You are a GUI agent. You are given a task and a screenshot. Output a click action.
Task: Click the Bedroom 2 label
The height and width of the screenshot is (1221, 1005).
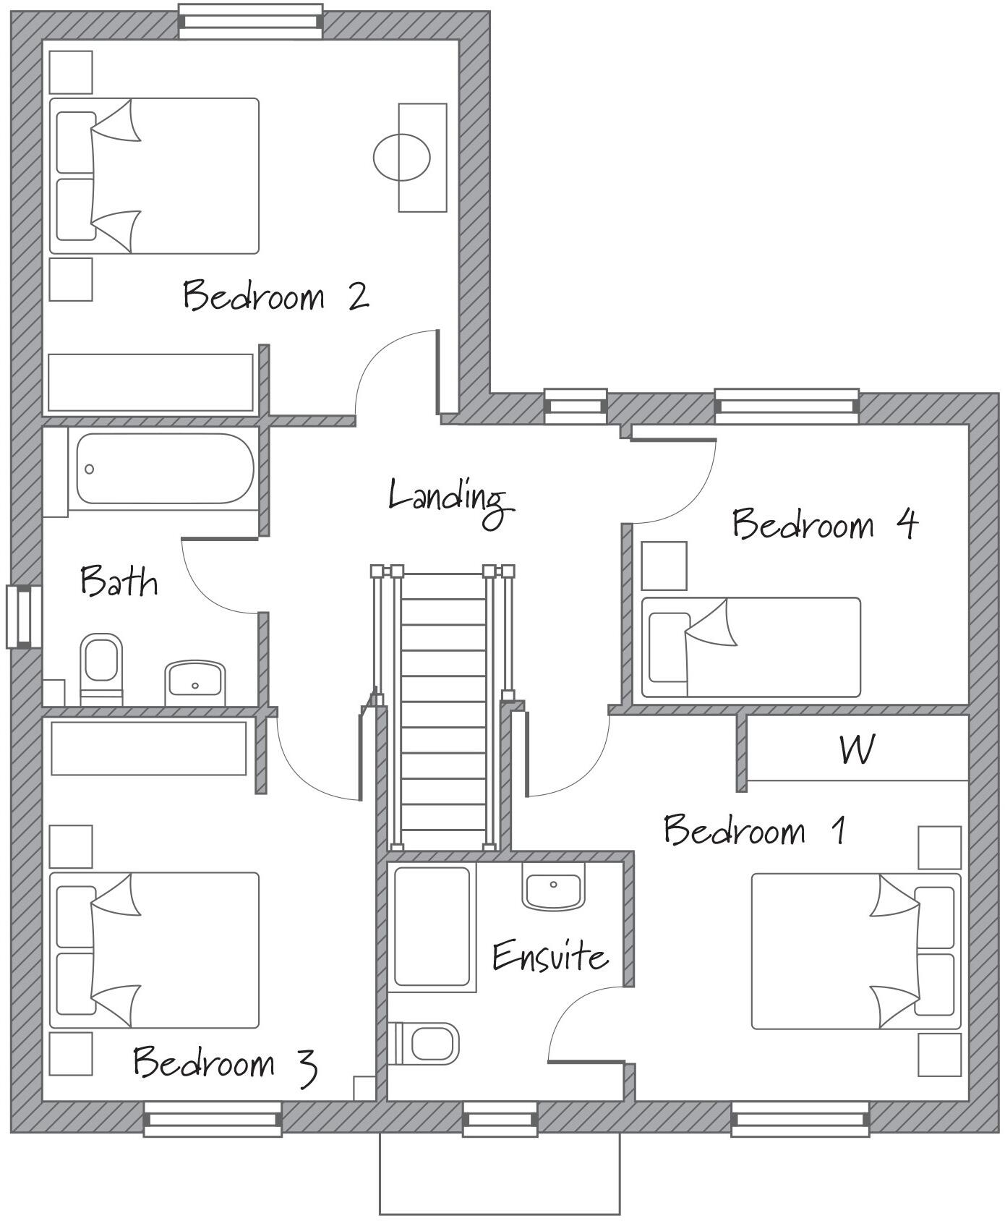(275, 295)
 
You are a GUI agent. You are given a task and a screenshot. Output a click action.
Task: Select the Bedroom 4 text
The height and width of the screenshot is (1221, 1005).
(824, 524)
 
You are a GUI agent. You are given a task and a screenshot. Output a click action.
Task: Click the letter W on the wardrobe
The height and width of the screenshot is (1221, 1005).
(858, 750)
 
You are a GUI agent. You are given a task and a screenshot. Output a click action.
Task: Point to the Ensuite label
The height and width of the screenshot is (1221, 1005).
(549, 956)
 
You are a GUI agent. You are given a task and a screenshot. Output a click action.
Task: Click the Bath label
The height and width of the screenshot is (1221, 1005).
(119, 582)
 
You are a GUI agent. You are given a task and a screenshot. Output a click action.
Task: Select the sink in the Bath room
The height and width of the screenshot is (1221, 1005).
(194, 681)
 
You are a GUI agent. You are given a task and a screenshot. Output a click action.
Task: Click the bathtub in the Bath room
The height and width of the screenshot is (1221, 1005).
(165, 469)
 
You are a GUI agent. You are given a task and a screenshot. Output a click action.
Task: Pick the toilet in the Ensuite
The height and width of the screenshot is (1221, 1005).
(427, 1044)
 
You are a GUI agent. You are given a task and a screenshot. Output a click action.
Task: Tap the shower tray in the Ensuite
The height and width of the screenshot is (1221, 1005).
(432, 928)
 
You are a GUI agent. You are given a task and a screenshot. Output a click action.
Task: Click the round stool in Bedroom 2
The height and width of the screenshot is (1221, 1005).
(402, 157)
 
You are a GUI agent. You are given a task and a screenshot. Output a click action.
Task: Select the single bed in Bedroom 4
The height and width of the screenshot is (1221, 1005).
(751, 647)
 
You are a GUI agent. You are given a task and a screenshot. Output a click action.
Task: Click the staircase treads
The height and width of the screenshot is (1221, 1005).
(442, 709)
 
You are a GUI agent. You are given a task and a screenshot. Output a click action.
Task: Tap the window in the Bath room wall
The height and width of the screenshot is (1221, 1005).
(24, 617)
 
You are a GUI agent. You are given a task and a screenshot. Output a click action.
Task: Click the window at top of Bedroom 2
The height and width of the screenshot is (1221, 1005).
(250, 21)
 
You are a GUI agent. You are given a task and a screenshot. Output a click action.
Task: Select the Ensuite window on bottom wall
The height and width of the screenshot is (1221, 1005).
(500, 1120)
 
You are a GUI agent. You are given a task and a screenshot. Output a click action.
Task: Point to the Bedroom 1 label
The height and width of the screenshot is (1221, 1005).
(754, 830)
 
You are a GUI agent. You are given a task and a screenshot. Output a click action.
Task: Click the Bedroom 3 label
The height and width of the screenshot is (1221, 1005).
(225, 1063)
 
